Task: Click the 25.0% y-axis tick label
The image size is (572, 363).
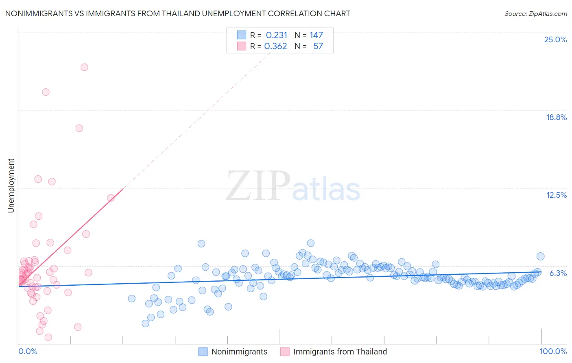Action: click(555, 39)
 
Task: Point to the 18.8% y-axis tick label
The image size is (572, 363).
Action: click(556, 117)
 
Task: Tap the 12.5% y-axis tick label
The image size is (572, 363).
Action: click(556, 195)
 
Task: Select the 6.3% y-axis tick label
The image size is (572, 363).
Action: click(558, 273)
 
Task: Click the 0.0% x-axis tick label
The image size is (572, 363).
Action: click(28, 351)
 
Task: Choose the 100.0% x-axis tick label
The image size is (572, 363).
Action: click(553, 351)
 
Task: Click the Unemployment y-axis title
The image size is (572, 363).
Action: click(11, 186)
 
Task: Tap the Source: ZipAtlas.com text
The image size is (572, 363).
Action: click(535, 13)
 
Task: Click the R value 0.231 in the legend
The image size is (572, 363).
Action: click(277, 35)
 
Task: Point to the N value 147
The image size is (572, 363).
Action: click(316, 35)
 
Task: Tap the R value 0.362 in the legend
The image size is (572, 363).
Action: click(276, 46)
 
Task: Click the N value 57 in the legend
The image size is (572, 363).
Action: click(318, 46)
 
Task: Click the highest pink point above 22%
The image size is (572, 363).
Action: click(84, 67)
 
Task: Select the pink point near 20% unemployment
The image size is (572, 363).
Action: click(46, 92)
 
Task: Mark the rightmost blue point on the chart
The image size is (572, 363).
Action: click(540, 256)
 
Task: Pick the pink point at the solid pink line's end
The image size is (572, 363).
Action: click(111, 198)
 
